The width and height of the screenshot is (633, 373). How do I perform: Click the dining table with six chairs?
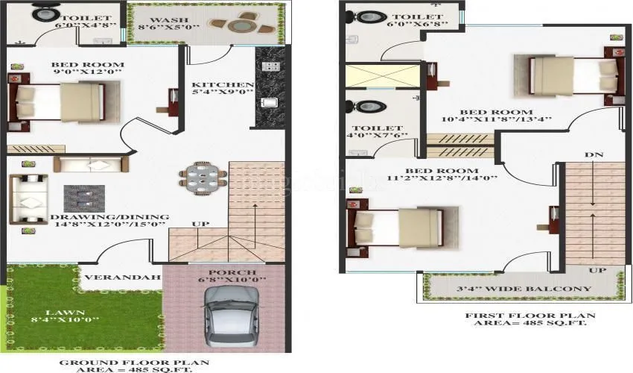[202, 178]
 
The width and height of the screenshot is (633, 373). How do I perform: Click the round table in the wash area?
[239, 25]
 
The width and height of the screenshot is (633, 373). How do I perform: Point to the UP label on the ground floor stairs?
[200, 224]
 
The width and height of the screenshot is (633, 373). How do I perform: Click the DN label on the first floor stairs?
[594, 155]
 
